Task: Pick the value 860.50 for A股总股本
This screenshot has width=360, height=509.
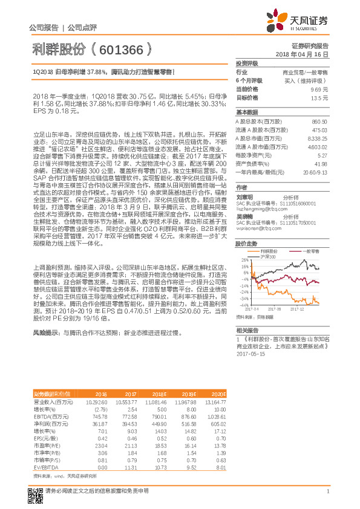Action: (x=319, y=121)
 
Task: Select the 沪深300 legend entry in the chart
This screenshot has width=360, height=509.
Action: (x=266, y=240)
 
